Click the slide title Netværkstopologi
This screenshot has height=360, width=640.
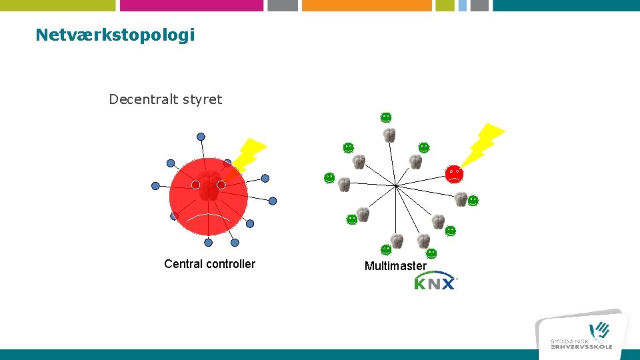point(115,35)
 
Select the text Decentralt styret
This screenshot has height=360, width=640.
point(165,99)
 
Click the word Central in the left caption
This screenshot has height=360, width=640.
point(183,264)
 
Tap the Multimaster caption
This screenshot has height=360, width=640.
point(395,266)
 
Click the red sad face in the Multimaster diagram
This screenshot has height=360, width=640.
point(454,174)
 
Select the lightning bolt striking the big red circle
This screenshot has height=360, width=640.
point(245,157)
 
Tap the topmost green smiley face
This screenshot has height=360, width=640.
point(385,117)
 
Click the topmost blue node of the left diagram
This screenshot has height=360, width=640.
point(201,137)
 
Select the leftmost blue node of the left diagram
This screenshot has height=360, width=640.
point(155,186)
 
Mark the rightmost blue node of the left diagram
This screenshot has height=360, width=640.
point(272,201)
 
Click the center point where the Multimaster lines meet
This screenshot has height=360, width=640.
point(396,185)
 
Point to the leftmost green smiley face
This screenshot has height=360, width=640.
point(329,178)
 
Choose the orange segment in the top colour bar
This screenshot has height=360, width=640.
point(367,5)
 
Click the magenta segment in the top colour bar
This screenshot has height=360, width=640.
point(191,5)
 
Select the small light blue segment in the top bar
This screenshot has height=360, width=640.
point(462,5)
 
